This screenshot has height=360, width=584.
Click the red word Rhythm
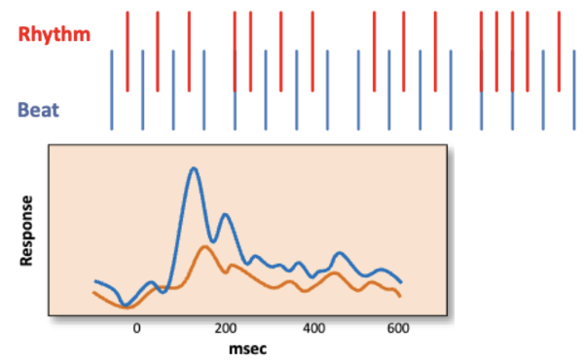point(55,34)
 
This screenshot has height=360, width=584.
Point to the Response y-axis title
point(27,231)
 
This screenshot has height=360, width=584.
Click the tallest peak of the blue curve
point(194,169)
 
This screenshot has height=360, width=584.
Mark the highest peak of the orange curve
point(204,247)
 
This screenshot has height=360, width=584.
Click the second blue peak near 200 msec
point(225,215)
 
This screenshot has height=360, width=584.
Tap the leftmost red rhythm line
point(128,51)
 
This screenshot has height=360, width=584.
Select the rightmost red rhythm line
point(558,51)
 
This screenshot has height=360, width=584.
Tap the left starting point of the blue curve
point(94,281)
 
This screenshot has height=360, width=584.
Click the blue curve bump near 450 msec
point(340,253)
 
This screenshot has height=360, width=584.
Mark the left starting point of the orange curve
point(94,293)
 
